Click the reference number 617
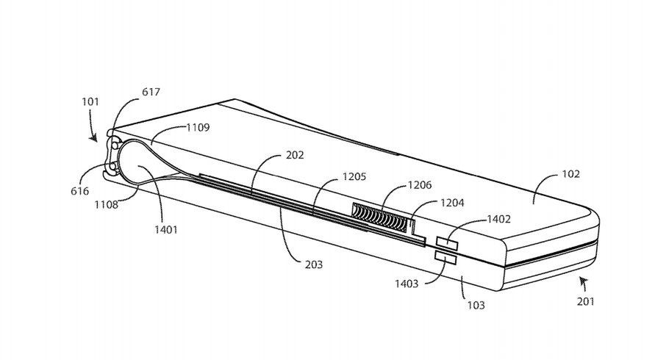click(151, 93)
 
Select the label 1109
click(198, 127)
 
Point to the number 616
click(81, 191)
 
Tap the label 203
click(313, 264)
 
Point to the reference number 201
click(586, 300)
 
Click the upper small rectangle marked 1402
click(448, 242)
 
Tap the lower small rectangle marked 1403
click(446, 257)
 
